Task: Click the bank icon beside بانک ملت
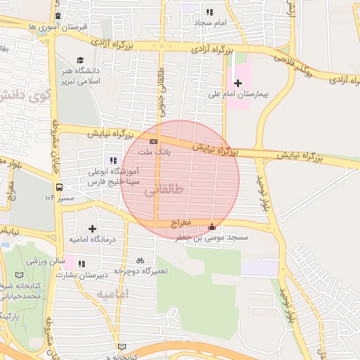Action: pos(153,141)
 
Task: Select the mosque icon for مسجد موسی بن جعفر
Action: pos(212,226)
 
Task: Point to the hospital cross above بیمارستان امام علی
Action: pos(238,84)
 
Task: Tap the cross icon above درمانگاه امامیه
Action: pos(92,229)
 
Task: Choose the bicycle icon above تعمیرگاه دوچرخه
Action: pos(140,260)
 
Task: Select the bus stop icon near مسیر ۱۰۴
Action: pos(59,188)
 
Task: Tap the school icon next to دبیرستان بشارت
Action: pos(82,264)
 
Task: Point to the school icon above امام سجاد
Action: pos(209,12)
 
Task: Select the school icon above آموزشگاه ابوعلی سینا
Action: pos(113,160)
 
